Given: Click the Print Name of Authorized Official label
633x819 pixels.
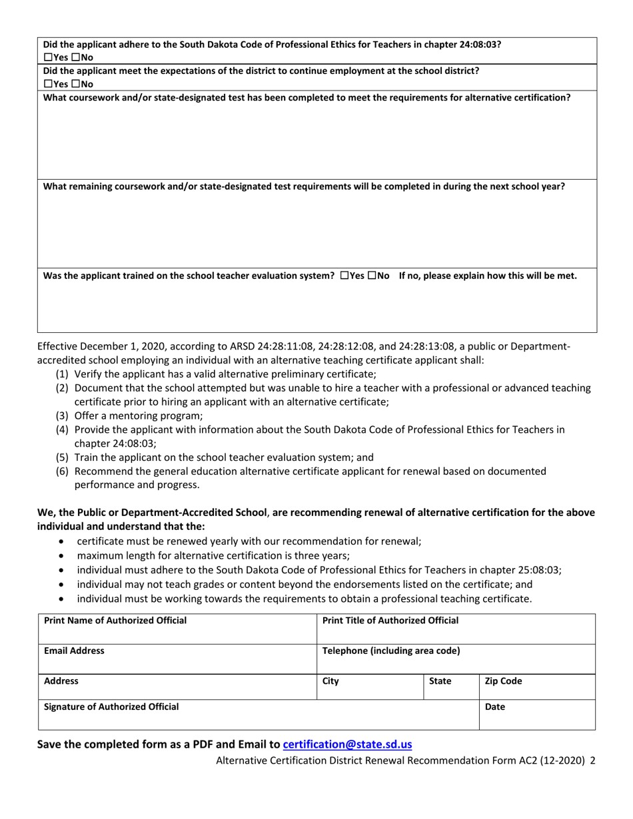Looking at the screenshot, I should tap(115, 621).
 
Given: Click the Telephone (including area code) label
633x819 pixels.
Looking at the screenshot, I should tap(390, 651).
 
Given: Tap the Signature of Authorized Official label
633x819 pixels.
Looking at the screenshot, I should tap(111, 706).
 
